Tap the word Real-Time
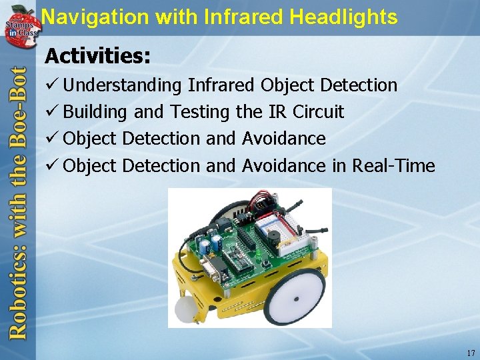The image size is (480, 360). coord(393,165)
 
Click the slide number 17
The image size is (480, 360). coord(471,353)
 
